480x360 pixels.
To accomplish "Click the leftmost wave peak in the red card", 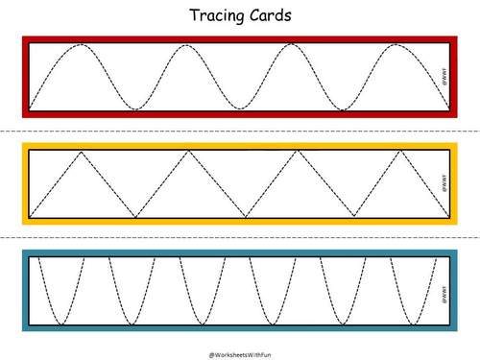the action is coord(83,45).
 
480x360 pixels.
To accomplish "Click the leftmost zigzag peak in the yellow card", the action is coord(83,153).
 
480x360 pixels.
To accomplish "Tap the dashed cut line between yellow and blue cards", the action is coord(240,237).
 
